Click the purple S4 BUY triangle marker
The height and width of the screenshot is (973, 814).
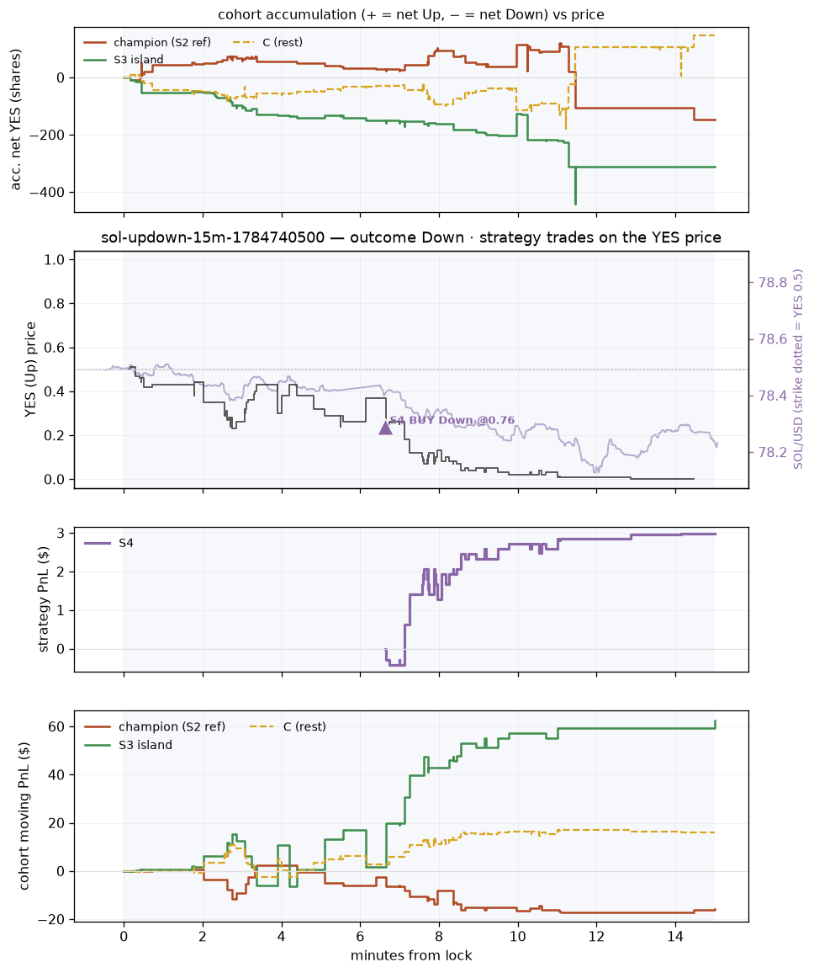tap(386, 427)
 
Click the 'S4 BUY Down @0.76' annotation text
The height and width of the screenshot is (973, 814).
tap(452, 420)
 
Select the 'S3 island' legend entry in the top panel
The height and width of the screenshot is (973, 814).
tap(124, 60)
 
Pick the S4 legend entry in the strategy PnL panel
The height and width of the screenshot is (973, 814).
tap(109, 543)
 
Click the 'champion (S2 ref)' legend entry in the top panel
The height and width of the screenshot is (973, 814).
tap(147, 42)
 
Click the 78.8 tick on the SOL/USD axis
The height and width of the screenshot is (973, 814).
tap(773, 283)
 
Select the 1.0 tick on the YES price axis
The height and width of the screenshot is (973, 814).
tap(55, 259)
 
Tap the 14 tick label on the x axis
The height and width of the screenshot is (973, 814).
tap(675, 936)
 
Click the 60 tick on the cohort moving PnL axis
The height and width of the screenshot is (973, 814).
tap(58, 726)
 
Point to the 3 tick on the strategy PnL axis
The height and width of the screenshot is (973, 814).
tap(61, 533)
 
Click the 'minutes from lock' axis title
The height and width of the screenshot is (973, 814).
tap(412, 955)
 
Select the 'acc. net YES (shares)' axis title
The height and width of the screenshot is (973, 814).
tap(15, 120)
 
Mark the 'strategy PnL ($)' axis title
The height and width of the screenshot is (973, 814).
tap(44, 599)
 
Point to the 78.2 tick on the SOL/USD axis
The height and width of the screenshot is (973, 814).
tap(773, 452)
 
